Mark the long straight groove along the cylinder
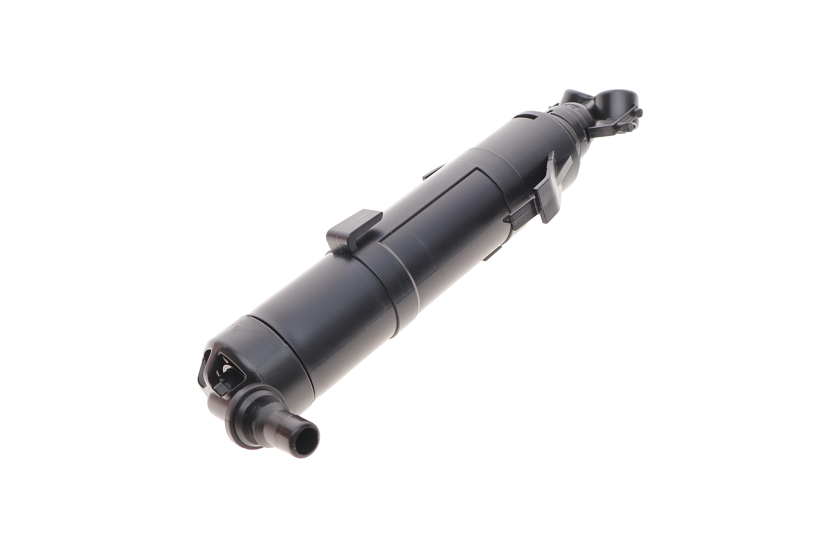[x=429, y=206]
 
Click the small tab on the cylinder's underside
[x=492, y=255]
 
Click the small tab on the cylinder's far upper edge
[x=433, y=172]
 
